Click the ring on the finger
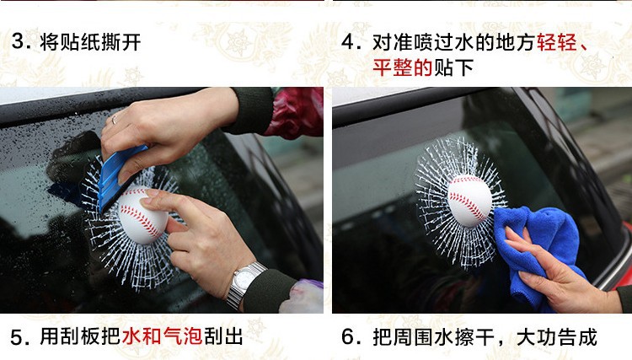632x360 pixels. point(115,119)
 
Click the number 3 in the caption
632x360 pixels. point(19,41)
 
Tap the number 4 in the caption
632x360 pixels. point(348,42)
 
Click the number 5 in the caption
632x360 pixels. point(18,337)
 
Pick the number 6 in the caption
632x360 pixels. point(348,337)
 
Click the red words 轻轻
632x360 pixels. point(556,42)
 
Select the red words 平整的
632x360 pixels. point(402,67)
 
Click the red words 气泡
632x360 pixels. point(183,336)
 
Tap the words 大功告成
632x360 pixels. point(556,337)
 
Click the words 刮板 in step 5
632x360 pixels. point(80,336)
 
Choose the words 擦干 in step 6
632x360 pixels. point(474,337)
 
